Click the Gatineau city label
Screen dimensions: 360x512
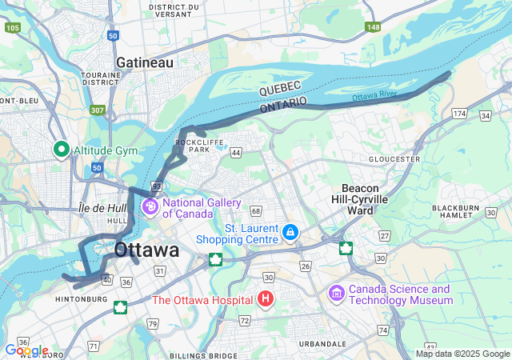[144, 62]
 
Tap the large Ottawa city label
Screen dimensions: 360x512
[146, 250]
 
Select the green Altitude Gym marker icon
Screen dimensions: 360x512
[61, 150]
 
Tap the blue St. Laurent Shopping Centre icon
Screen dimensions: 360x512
[290, 234]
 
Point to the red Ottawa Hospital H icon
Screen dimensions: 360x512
[266, 300]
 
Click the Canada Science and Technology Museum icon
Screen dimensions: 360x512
[337, 294]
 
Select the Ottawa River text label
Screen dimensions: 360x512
[374, 96]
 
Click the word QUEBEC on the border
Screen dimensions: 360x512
[279, 88]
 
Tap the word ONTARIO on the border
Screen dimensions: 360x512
[283, 105]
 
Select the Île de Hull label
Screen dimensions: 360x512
[103, 208]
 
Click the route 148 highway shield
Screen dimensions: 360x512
[373, 27]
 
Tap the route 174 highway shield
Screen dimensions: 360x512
[459, 114]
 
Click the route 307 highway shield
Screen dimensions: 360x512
[98, 110]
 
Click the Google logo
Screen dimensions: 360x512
[26, 350]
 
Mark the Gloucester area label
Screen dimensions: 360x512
[394, 158]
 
